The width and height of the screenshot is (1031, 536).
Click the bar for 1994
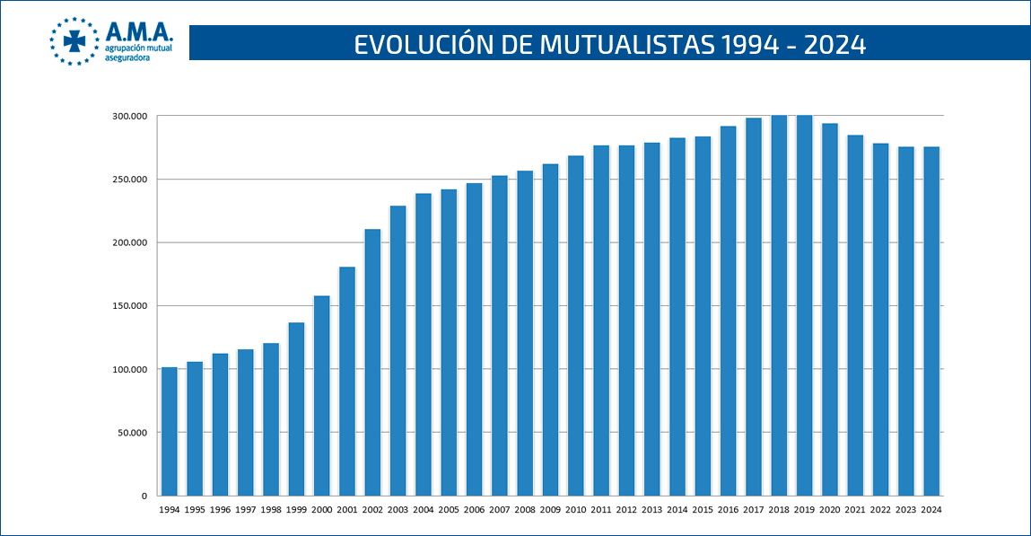169,431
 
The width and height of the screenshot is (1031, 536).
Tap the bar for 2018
779,305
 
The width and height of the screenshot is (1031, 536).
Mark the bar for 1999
296,409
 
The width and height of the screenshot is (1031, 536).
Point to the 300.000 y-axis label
129,117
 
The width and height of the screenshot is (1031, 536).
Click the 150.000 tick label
129,306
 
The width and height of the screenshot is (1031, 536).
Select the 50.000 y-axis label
132,433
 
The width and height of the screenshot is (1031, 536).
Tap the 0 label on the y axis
144,496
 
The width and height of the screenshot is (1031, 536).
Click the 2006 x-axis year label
474,510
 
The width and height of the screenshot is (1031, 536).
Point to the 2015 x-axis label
703,510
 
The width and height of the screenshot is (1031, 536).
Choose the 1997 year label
245,510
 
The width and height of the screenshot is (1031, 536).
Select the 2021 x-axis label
855,510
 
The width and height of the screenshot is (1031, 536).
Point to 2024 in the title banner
835,45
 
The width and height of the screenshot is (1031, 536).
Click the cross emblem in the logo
74,41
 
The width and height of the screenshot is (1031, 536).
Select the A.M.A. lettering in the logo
139,31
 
